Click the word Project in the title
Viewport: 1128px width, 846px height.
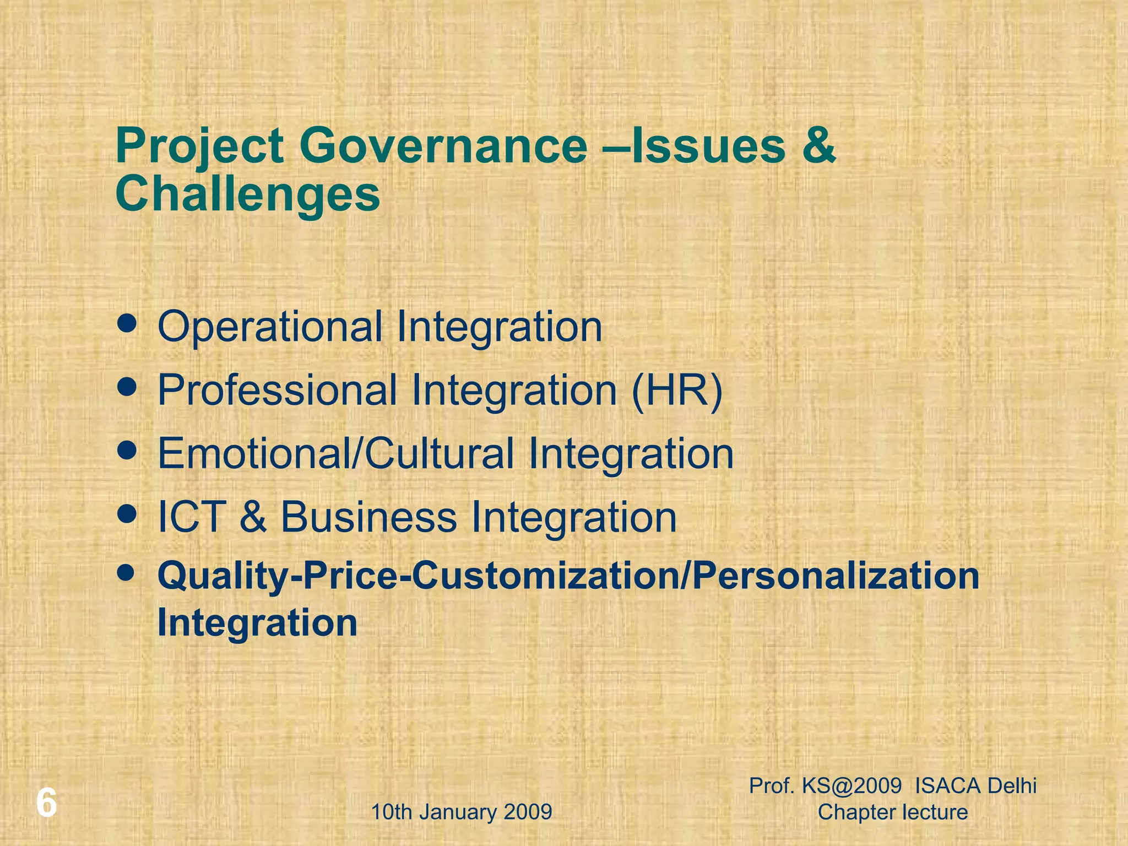click(199, 147)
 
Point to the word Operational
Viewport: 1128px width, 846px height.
click(270, 327)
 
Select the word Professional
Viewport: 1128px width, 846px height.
click(277, 391)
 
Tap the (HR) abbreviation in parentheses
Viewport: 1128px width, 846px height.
click(677, 391)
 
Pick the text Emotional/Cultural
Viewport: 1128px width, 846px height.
click(336, 453)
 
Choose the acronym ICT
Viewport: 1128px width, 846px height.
click(192, 517)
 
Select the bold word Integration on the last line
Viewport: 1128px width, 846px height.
click(257, 623)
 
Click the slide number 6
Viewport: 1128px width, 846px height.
click(46, 804)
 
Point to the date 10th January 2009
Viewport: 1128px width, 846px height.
click(462, 812)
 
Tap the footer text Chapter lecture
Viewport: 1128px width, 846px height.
click(893, 812)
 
